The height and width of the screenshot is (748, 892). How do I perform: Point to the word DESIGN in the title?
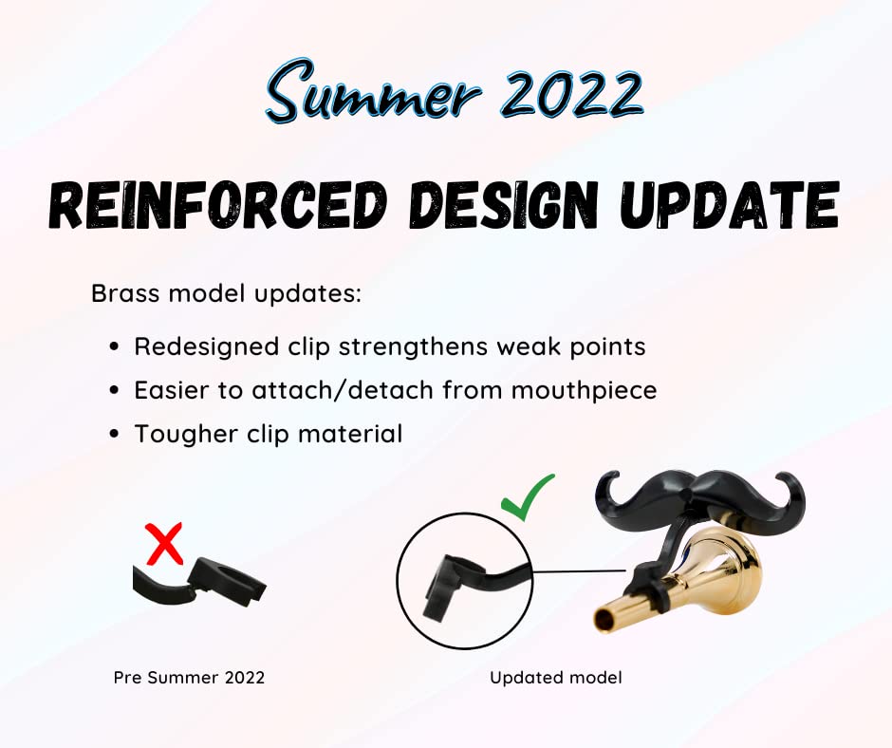[505, 205]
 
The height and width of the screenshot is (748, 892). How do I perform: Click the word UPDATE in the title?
[731, 205]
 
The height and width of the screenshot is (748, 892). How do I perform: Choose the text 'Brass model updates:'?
[227, 293]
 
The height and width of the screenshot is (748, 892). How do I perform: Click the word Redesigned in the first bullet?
[207, 346]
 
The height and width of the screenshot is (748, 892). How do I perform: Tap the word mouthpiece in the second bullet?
[584, 391]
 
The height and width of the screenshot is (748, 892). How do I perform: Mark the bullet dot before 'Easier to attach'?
[115, 390]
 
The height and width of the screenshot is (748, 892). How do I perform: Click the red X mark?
[165, 544]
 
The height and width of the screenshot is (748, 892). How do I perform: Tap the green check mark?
[528, 496]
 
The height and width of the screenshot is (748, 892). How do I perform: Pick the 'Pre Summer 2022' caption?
[189, 678]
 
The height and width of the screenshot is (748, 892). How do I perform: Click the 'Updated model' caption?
[556, 678]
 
